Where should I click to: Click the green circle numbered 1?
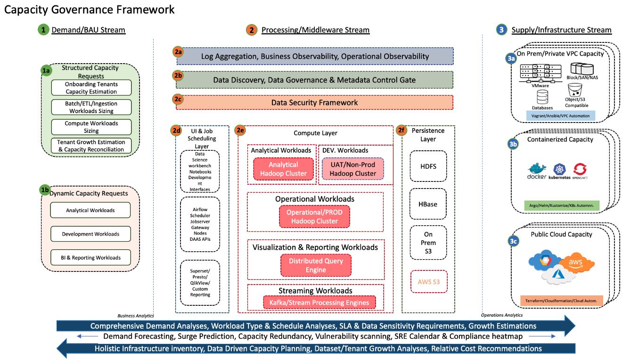point(43,30)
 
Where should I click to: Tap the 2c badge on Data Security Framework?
point(178,99)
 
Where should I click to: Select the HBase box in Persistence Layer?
point(428,204)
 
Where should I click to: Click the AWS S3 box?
point(428,282)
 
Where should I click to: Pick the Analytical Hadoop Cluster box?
point(283,169)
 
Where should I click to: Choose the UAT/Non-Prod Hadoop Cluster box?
point(353,169)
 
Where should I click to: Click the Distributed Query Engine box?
point(316,265)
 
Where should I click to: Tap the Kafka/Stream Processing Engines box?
point(316,302)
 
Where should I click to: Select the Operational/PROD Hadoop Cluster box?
point(314,217)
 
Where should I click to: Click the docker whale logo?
point(537,171)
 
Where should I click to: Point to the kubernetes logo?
point(559,171)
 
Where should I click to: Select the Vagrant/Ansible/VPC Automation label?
point(560,115)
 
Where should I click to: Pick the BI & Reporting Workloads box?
point(91,258)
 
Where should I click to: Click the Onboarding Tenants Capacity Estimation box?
point(91,88)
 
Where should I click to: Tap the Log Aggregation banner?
point(315,56)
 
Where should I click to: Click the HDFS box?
point(428,166)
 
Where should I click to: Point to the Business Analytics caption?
point(135,315)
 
